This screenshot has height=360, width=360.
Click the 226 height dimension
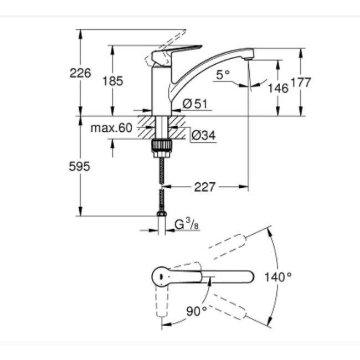coord(80,73)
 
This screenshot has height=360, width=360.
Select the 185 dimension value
coord(113,81)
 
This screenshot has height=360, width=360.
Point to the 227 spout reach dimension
coord(204,187)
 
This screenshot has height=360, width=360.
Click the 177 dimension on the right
coord(301,83)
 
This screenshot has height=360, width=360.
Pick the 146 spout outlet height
coord(277,88)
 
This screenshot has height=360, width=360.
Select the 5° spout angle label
coord(223,75)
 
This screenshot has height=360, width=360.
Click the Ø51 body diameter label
coord(194,102)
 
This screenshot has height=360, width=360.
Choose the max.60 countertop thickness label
coord(112,128)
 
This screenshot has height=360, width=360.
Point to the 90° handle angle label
coord(196,311)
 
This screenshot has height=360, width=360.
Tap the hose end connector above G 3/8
coord(161,213)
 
